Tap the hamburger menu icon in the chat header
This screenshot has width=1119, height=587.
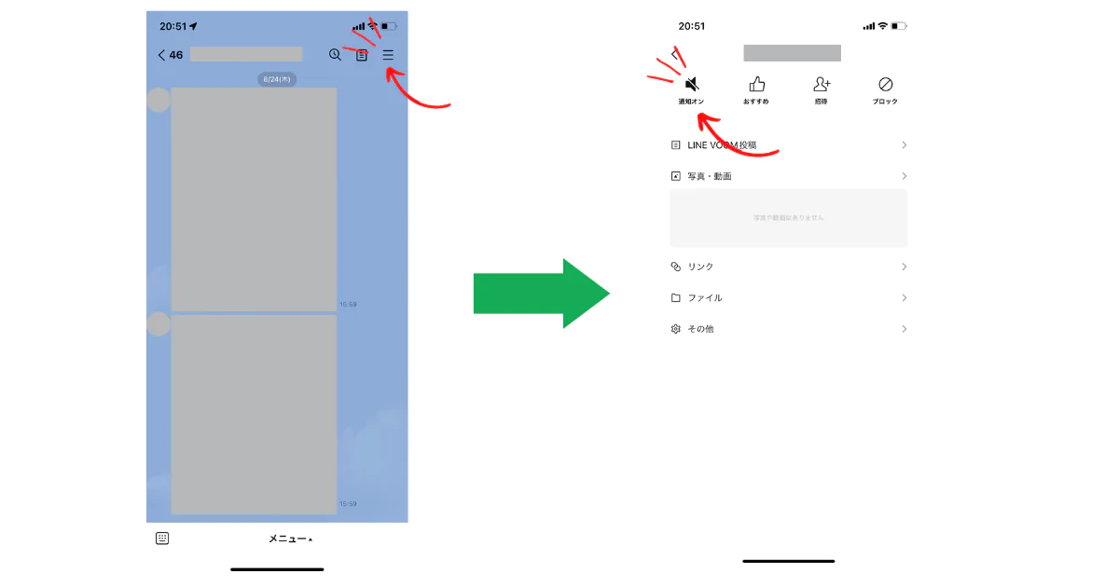pos(388,55)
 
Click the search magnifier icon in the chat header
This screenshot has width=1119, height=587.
pos(335,55)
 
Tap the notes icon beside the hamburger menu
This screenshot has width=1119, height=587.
pos(362,56)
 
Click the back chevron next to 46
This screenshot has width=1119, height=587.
pos(161,55)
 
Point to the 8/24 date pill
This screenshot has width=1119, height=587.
pos(277,79)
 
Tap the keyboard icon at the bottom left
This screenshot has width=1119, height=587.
pos(162,538)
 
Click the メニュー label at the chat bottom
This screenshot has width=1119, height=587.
pos(289,539)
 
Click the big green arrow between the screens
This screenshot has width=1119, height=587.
pos(541,293)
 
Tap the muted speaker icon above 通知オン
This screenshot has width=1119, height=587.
pos(692,84)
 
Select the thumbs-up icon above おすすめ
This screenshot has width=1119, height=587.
pos(756,84)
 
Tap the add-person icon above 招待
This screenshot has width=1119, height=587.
pos(822,84)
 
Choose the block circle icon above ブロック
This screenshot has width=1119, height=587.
pos(886,84)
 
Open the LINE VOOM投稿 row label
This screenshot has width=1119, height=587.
pos(722,145)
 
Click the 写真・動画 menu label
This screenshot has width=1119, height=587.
pos(710,176)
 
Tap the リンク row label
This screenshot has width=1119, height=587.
pos(700,266)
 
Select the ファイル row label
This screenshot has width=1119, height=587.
pos(705,298)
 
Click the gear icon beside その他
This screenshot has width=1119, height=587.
pos(676,329)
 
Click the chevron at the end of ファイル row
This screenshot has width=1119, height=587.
pos(904,298)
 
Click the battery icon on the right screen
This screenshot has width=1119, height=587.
pos(899,26)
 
